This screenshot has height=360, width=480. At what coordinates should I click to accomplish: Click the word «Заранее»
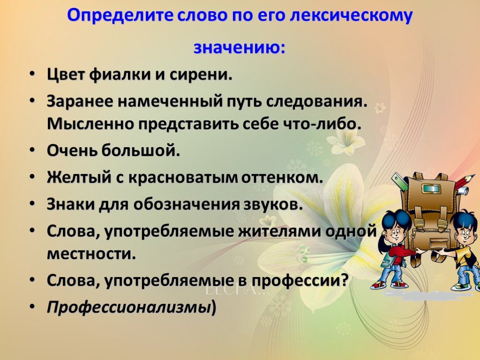pyautogui.click(x=80, y=102)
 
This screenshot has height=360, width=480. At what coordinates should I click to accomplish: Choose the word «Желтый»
pyautogui.click(x=79, y=178)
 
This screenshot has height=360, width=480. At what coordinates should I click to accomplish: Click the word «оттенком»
pyautogui.click(x=282, y=178)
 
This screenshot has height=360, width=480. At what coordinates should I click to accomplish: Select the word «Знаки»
pyautogui.click(x=71, y=204)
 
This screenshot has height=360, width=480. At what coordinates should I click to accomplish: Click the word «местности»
pyautogui.click(x=91, y=254)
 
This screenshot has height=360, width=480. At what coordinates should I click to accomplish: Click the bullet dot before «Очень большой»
pyautogui.click(x=33, y=150)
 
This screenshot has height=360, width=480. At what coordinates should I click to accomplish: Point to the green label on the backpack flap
pyautogui.click(x=431, y=188)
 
